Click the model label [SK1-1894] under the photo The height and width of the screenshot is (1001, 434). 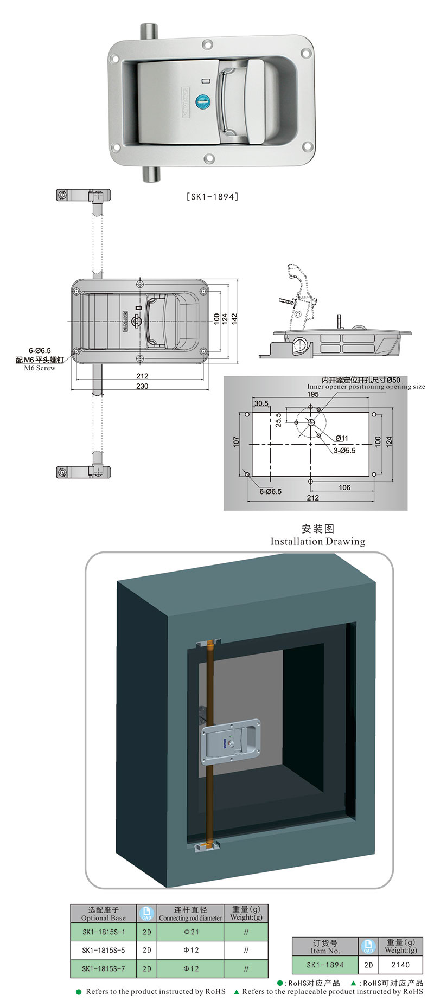pyautogui.click(x=212, y=197)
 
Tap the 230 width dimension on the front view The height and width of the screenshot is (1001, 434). pyautogui.click(x=142, y=386)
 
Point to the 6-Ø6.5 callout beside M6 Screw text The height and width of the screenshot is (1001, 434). pyautogui.click(x=40, y=351)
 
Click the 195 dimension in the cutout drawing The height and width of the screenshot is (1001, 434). pyautogui.click(x=312, y=395)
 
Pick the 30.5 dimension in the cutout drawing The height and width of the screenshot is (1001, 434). pyautogui.click(x=261, y=403)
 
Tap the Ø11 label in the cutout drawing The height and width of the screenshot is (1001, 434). pyautogui.click(x=341, y=438)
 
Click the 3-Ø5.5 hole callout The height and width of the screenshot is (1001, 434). pyautogui.click(x=344, y=451)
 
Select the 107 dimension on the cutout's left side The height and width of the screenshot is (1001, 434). pyautogui.click(x=236, y=442)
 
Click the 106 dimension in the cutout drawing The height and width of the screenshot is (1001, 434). pyautogui.click(x=344, y=487)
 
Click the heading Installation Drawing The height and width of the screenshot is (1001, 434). pyautogui.click(x=317, y=541)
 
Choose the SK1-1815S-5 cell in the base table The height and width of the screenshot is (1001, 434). pyautogui.click(x=103, y=950)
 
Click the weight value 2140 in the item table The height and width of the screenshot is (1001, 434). pyautogui.click(x=400, y=965)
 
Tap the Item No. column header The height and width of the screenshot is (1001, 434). pyautogui.click(x=325, y=946)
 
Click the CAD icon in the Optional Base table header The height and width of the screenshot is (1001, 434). pyautogui.click(x=146, y=914)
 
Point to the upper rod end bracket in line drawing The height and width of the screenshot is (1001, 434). pyautogui.click(x=83, y=195)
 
